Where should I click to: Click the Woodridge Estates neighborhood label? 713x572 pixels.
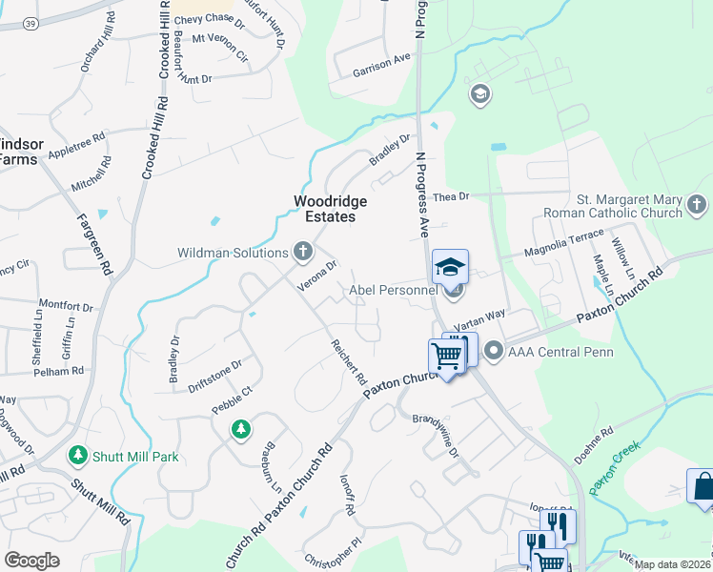pos(324,209)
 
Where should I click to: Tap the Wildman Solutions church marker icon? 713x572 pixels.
pos(303,252)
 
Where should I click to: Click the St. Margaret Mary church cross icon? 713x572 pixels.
pos(697,204)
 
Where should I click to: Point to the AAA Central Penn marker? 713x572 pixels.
pos(494,352)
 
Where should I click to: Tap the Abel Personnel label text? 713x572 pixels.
pos(393,291)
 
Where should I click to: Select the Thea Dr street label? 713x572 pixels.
pos(452,196)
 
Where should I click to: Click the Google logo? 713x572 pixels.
pos(31,561)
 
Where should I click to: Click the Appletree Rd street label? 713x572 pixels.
pos(75,145)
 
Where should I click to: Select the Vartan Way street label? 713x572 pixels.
pos(478,324)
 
